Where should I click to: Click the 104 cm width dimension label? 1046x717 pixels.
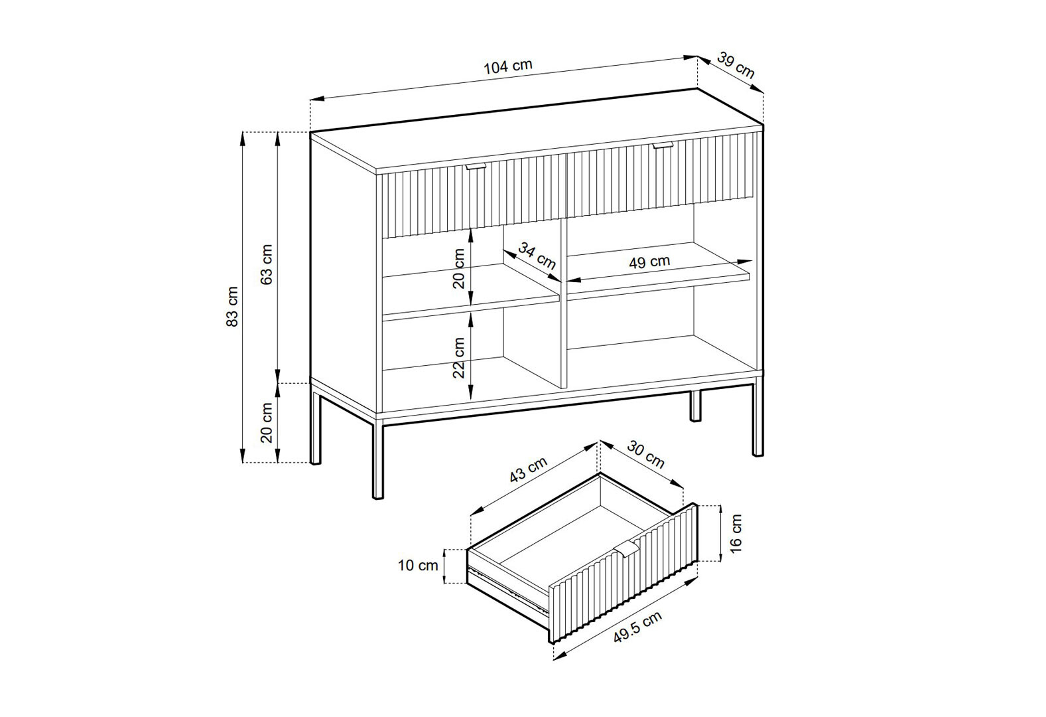(507, 67)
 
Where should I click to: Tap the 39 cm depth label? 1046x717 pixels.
(736, 66)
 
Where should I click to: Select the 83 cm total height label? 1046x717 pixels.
(232, 306)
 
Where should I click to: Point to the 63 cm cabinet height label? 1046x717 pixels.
(267, 264)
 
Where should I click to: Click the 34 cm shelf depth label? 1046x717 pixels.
(537, 256)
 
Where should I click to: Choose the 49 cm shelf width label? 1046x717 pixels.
(649, 262)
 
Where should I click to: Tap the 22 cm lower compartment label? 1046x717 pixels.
(459, 358)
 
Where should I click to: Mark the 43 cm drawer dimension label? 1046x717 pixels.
(528, 470)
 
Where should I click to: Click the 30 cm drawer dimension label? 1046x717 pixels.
(645, 454)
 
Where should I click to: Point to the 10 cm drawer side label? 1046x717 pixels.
(418, 565)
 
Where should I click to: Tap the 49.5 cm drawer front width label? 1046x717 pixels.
(637, 627)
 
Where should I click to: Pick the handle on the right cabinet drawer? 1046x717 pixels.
(662, 146)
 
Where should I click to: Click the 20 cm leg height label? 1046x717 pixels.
(267, 422)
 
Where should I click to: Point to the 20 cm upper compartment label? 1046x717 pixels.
(459, 269)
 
